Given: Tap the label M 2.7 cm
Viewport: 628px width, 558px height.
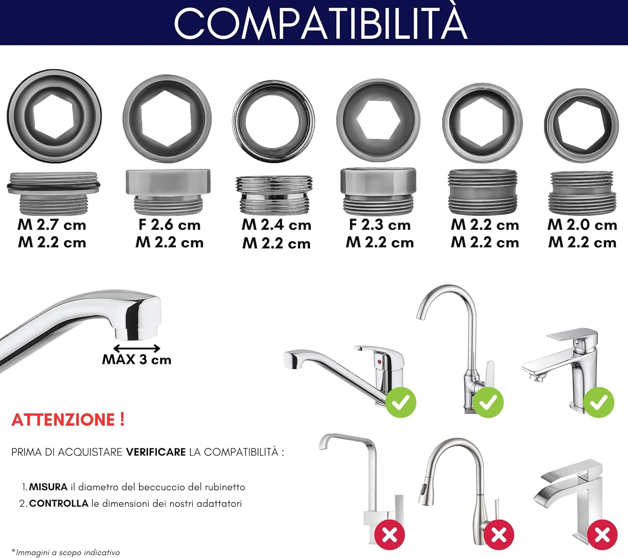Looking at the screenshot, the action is coord(52,225).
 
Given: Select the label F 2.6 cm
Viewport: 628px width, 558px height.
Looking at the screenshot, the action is coord(170,225).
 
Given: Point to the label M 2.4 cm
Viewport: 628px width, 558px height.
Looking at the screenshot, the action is coord(276,225).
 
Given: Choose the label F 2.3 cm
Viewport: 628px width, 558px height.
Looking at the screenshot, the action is coord(380,225).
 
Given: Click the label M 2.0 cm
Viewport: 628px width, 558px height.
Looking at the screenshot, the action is coord(582,225).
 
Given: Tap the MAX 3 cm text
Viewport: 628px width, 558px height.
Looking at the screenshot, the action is coord(137,360).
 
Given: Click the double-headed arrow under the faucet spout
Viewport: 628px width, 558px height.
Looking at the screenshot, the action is coord(137,348).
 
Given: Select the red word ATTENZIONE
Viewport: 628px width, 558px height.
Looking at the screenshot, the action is coord(64,420).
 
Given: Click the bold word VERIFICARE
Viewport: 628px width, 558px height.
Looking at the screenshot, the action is coord(156,452).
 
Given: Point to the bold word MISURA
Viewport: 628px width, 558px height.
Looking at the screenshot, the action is coord(48,487).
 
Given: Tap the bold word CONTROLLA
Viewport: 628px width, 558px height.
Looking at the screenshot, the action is coord(59,503).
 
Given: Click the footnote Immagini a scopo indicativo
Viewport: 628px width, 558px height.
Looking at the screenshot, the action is coord(67,553).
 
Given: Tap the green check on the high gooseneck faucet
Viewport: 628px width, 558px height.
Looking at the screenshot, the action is coord(488,402).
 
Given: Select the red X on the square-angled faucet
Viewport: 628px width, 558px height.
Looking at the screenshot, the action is coord(390,535).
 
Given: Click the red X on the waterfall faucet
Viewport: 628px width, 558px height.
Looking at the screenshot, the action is coord(602,535).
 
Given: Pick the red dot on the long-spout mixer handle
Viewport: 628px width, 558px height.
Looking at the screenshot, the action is coord(379,362).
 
